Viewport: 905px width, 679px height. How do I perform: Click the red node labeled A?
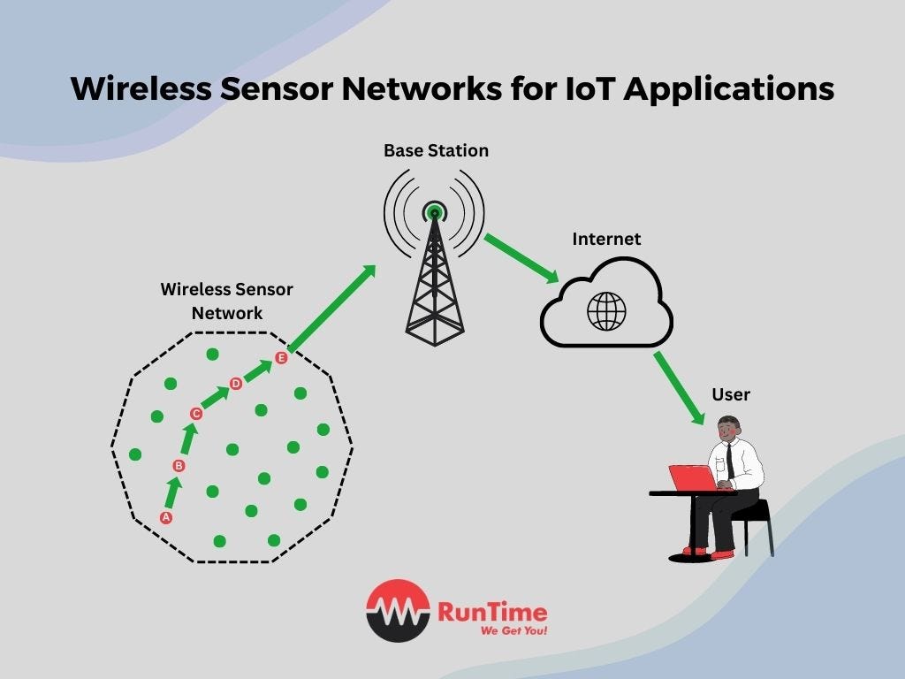[165, 518]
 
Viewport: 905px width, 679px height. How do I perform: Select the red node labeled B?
[179, 466]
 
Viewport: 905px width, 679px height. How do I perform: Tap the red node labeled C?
[196, 413]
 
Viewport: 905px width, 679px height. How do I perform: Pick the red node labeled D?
[236, 384]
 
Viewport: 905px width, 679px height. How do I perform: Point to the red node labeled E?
[281, 358]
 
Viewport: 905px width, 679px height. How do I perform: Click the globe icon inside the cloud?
[606, 311]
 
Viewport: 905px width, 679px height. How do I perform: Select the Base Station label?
[436, 151]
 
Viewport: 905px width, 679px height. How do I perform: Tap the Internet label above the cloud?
[606, 239]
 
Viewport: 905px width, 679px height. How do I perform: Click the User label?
[731, 394]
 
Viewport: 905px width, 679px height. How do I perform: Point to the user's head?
[729, 430]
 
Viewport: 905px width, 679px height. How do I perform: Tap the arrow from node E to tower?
[332, 308]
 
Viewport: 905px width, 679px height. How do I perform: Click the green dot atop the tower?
[434, 212]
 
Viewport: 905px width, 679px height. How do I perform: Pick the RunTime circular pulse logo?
[398, 610]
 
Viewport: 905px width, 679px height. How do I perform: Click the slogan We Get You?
[513, 631]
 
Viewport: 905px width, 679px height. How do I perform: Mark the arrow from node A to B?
[172, 492]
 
